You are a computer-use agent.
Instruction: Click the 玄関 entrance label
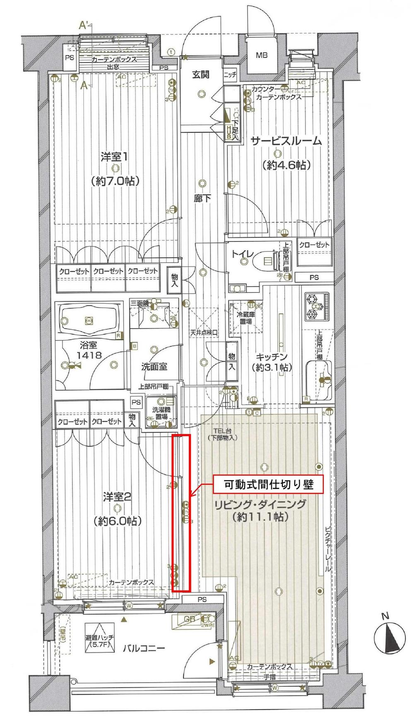[x=200, y=74]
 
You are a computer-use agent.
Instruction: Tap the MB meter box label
[x=261, y=55]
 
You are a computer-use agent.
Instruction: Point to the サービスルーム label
[x=286, y=141]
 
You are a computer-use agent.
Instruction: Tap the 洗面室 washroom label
[x=154, y=366]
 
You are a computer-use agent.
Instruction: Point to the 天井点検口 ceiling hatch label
[x=204, y=333]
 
